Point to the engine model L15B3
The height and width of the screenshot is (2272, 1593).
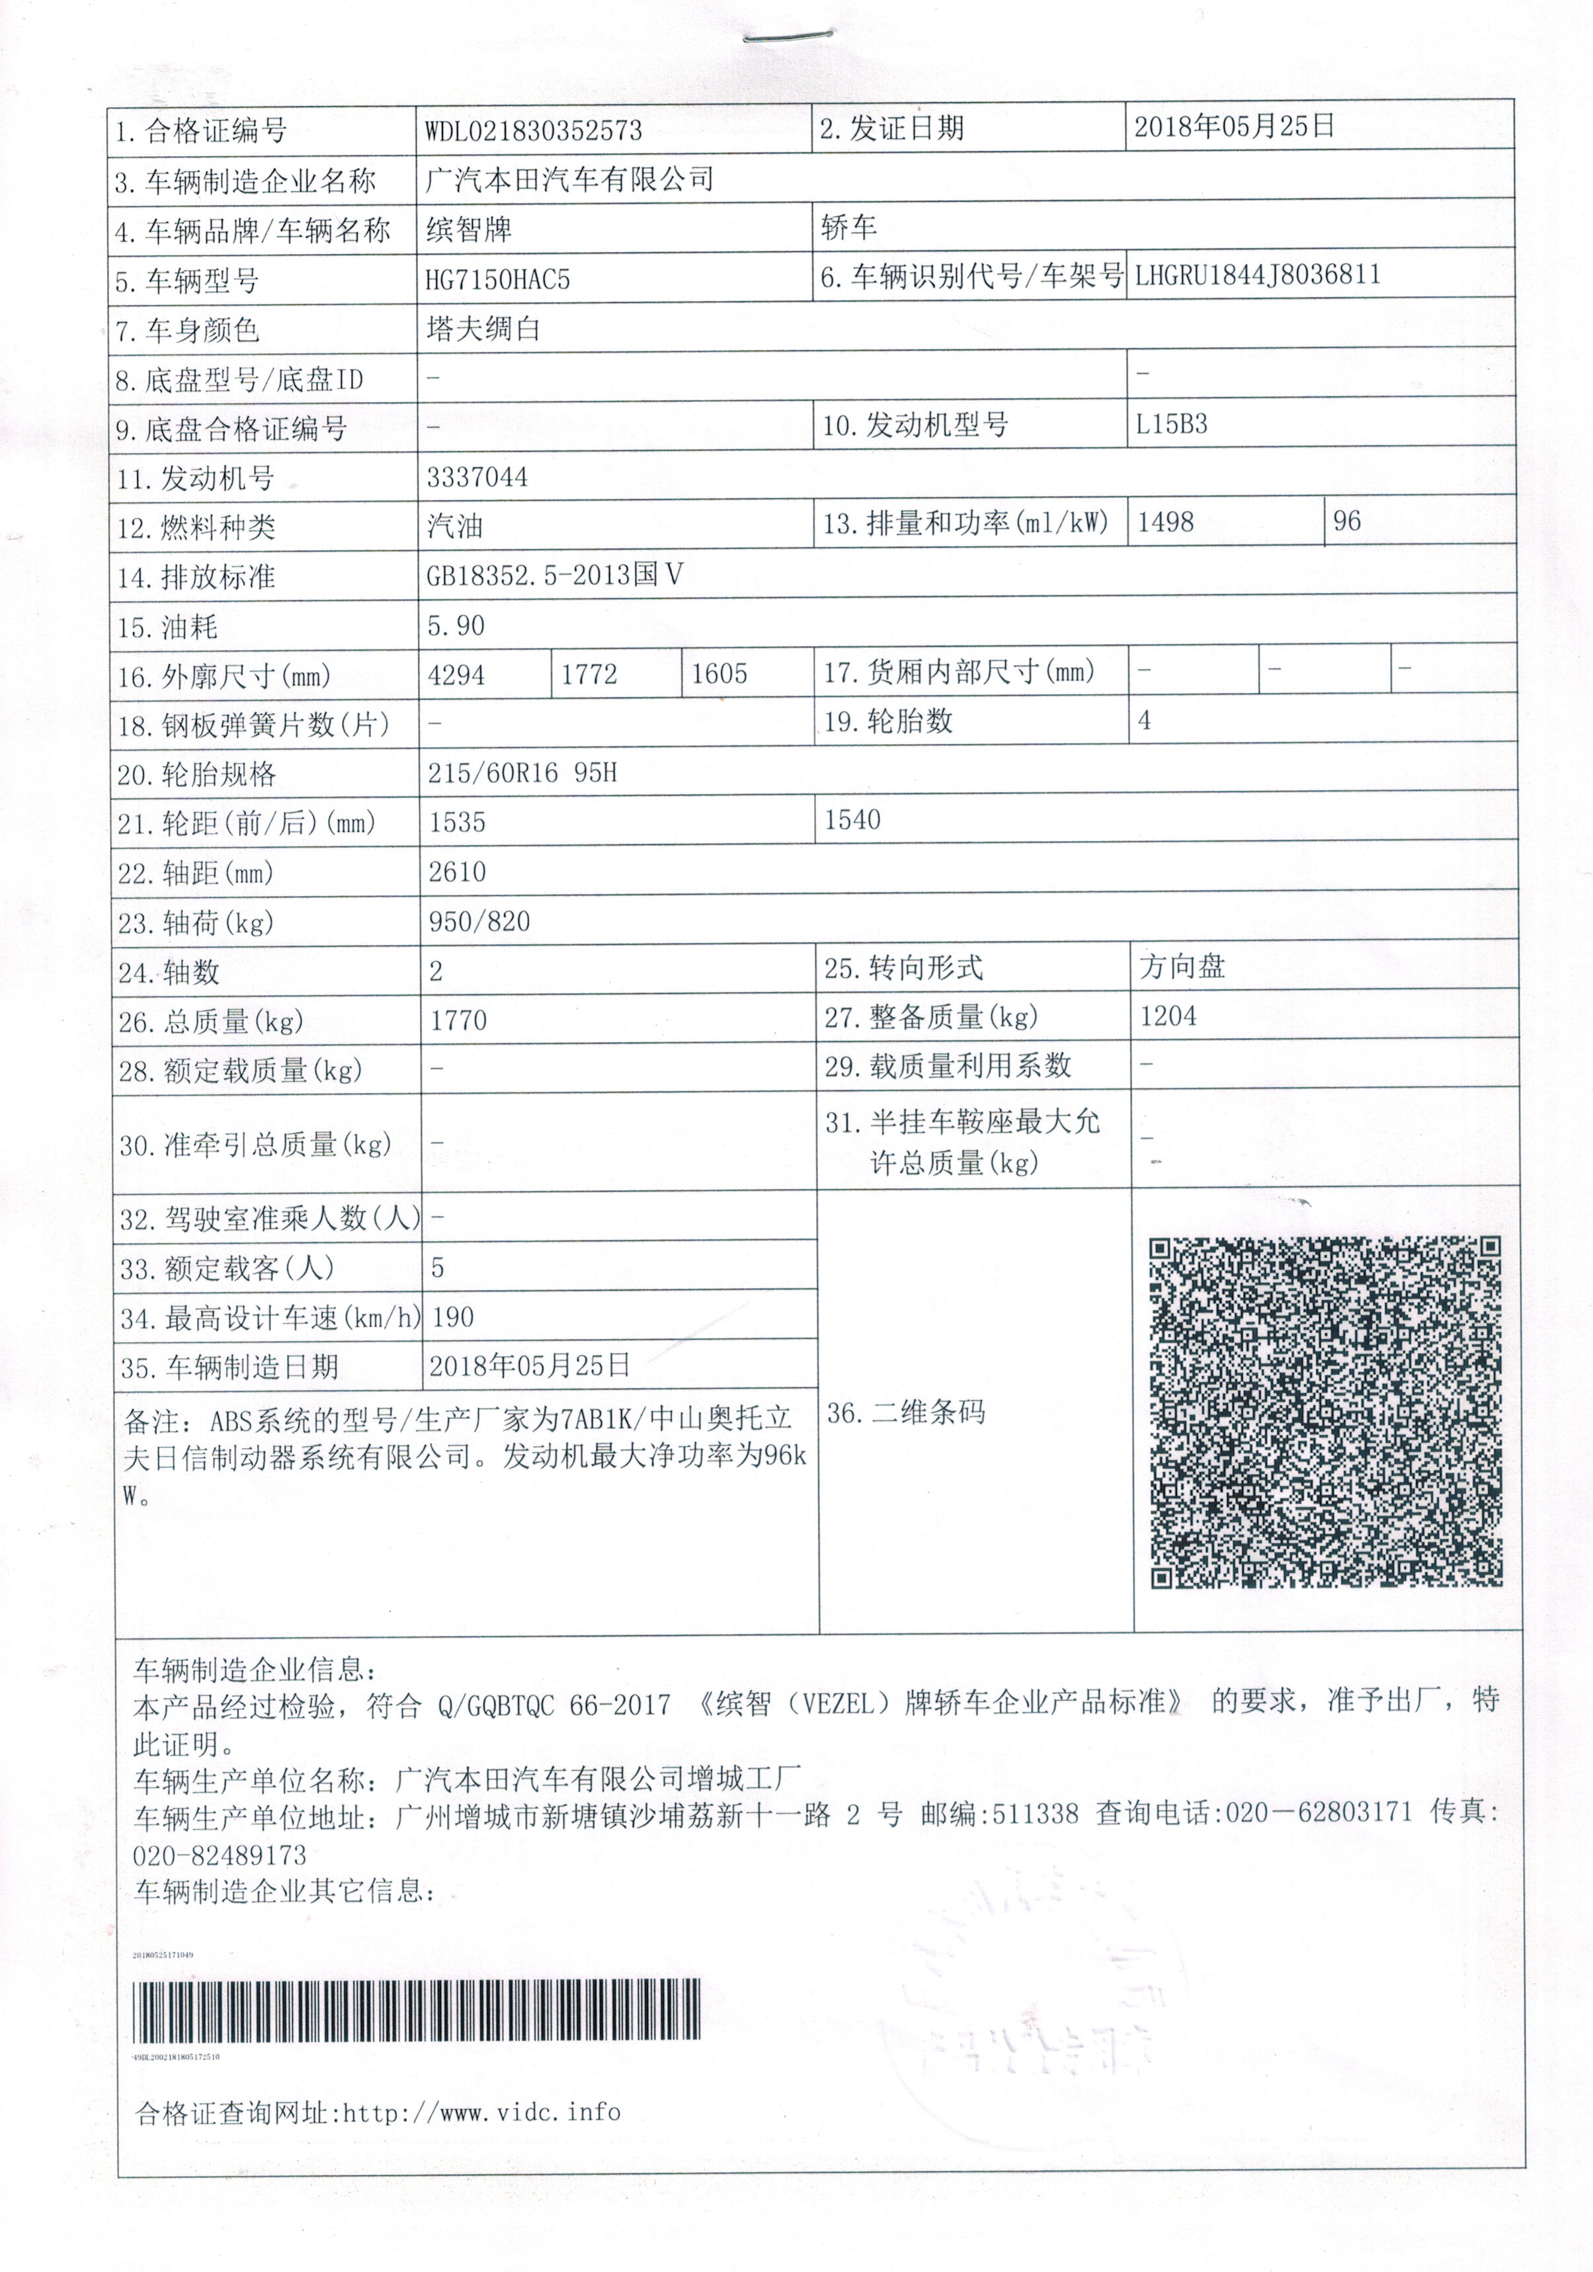(x=1172, y=425)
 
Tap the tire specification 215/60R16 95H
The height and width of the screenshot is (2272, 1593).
(x=522, y=773)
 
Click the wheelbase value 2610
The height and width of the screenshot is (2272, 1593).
(x=457, y=872)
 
